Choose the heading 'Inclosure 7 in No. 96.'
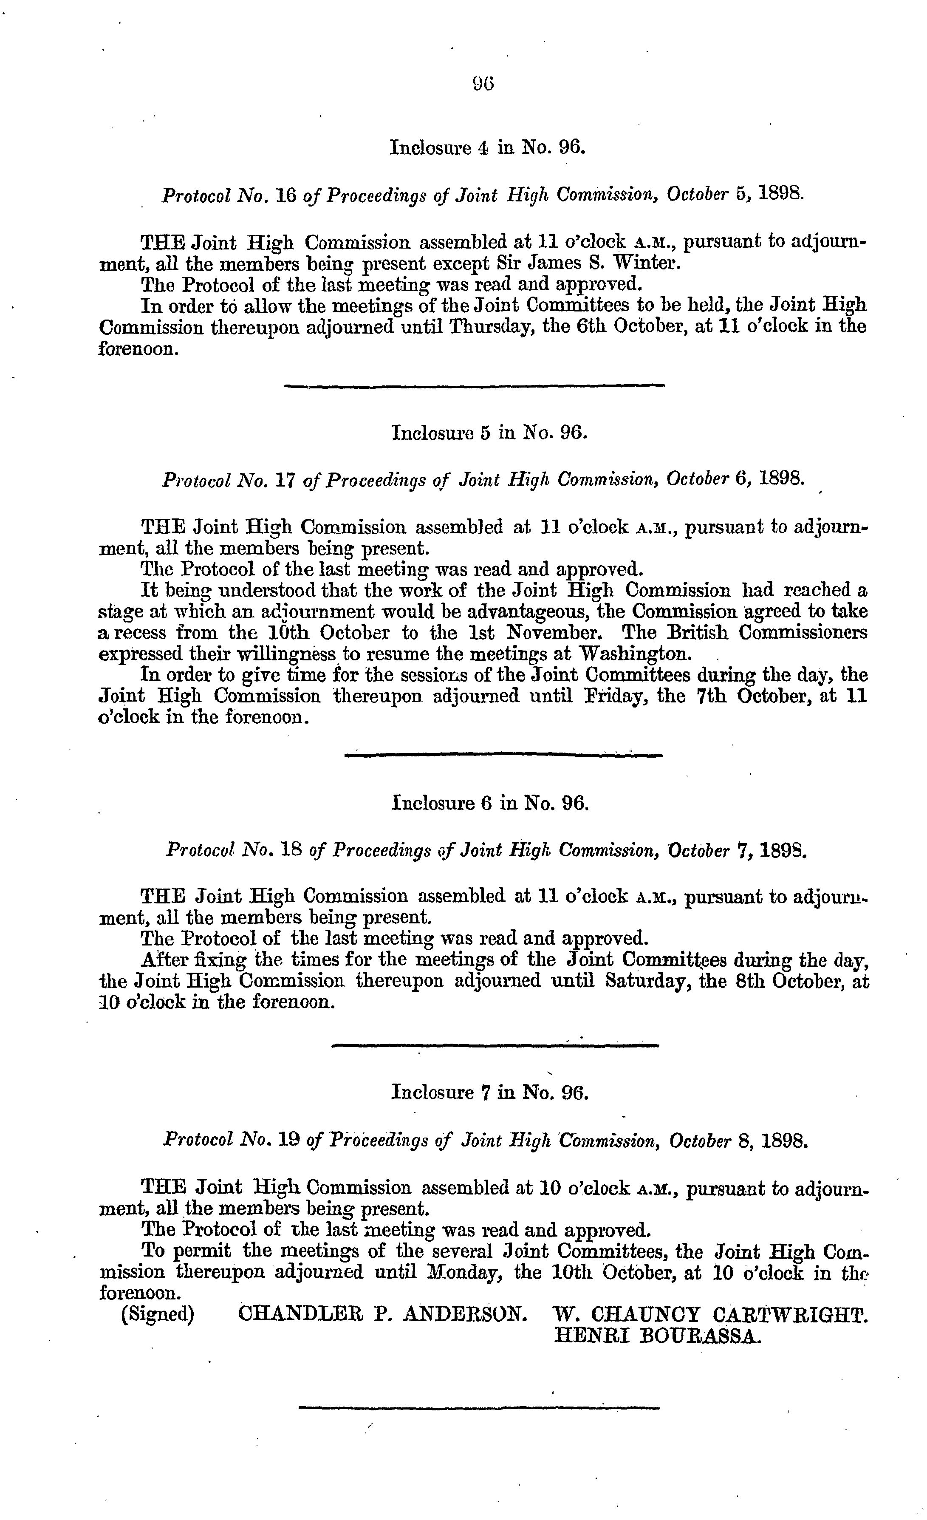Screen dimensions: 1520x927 (x=490, y=1093)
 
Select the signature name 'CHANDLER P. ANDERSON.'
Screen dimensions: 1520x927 (x=382, y=1315)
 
